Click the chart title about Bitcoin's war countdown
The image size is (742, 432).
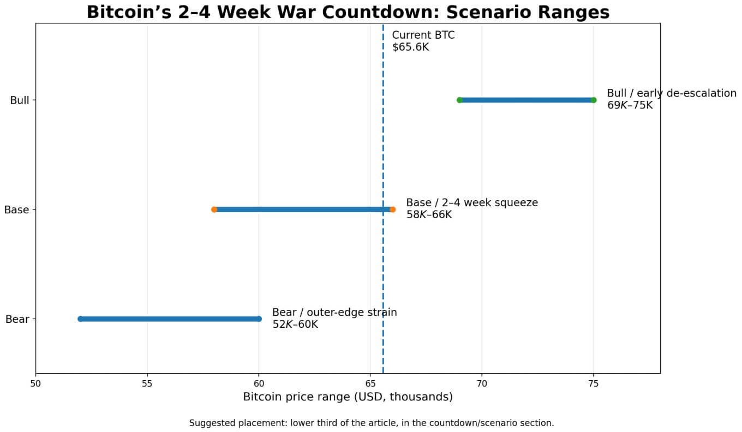coord(348,11)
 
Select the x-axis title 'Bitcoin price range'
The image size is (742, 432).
coord(348,397)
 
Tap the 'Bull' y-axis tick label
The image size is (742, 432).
coord(19,100)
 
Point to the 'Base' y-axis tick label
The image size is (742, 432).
coord(16,209)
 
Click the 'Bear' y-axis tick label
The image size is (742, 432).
coord(17,319)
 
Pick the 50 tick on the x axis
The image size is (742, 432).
coord(35,383)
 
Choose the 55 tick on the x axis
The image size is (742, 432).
coord(147,383)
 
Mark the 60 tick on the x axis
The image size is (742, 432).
coord(259,383)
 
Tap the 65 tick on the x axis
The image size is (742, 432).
coord(370,383)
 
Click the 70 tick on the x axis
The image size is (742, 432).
coord(482,383)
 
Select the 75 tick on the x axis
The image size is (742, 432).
coord(594,383)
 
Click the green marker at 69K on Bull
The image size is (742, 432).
coord(459,100)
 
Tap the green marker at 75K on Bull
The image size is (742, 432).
coord(594,100)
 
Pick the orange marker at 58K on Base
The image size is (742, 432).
coord(214,209)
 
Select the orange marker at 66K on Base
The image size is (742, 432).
coord(392,209)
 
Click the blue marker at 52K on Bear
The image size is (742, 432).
coord(80,319)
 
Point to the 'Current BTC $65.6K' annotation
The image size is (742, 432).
coord(423,41)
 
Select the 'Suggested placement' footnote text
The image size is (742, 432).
coord(371,423)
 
